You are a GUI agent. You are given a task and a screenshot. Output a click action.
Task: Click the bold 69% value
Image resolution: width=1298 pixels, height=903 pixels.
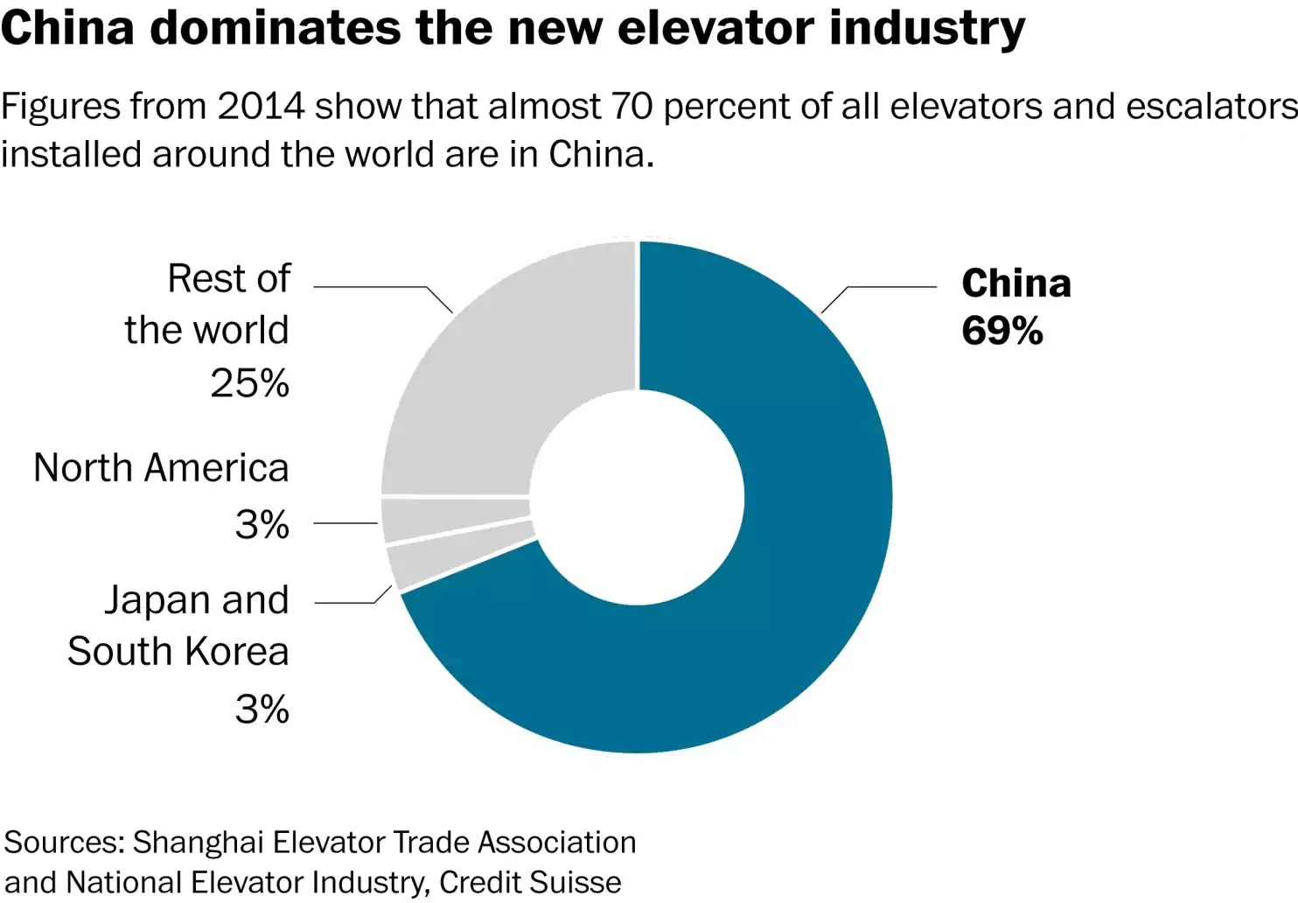pos(1001,331)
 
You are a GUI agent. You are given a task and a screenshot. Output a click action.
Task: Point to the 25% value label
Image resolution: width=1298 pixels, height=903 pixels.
pos(249,383)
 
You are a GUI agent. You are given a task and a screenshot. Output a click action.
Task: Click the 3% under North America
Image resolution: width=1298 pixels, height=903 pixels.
pos(262,524)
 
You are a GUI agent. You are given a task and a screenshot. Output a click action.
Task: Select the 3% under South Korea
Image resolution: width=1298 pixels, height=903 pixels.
pos(262,709)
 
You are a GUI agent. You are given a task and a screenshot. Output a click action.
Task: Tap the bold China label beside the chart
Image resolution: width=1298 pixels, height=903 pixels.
pos(1015,283)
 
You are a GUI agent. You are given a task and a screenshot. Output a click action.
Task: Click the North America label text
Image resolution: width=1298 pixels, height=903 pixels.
pos(161,468)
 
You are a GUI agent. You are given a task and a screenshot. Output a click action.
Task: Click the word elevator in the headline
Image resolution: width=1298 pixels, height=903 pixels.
pos(709,28)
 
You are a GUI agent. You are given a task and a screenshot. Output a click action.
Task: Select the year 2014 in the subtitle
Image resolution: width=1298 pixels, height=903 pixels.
pos(260,107)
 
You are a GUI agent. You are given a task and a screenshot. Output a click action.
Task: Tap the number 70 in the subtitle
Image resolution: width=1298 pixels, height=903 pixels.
pos(632,107)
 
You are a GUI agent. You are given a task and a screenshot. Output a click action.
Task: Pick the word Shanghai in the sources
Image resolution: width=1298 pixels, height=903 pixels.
pos(198,842)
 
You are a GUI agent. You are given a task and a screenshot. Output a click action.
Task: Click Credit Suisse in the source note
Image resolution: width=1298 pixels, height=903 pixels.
pos(530,882)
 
